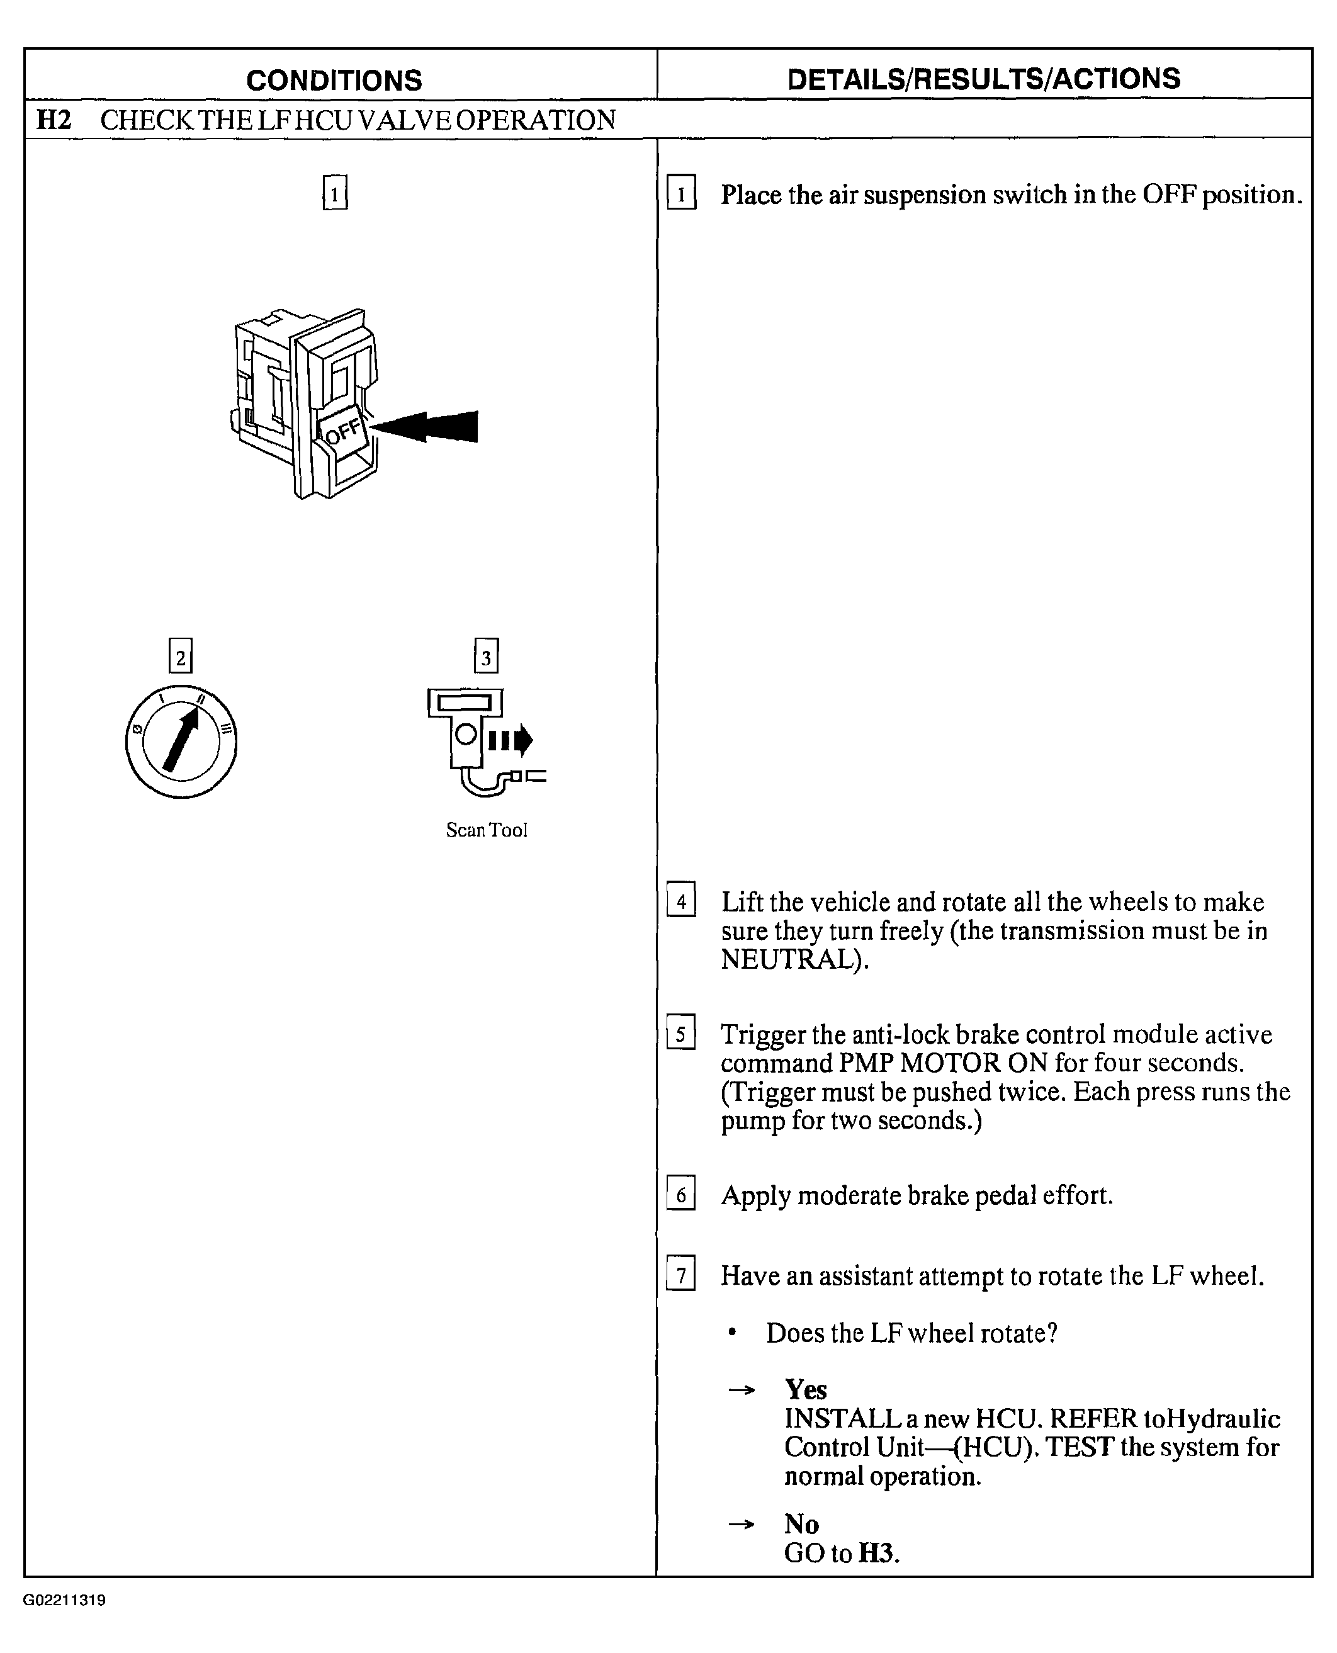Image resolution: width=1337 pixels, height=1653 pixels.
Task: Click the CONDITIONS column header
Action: click(334, 80)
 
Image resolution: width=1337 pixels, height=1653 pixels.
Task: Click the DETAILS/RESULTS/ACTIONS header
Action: click(983, 79)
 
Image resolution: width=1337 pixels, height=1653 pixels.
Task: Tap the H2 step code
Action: click(54, 120)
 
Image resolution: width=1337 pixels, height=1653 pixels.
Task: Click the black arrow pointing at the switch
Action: click(426, 427)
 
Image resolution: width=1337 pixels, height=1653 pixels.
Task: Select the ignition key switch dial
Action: click(181, 741)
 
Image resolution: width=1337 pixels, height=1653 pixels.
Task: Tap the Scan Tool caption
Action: click(487, 830)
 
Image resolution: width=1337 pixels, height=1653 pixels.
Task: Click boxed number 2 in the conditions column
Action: click(180, 657)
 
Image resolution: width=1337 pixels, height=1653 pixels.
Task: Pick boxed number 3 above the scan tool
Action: click(486, 657)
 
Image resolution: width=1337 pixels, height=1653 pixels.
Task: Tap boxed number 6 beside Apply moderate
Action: click(681, 1195)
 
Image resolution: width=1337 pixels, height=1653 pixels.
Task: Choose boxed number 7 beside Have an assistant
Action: click(681, 1275)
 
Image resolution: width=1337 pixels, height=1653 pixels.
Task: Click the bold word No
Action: click(801, 1523)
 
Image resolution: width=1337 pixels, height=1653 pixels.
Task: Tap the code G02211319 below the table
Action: click(65, 1600)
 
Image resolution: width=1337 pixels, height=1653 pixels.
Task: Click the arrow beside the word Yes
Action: click(742, 1391)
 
